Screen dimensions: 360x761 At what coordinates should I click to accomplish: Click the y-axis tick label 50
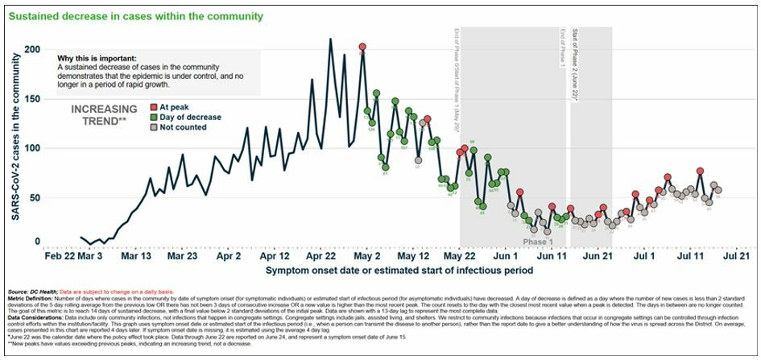pos(33,197)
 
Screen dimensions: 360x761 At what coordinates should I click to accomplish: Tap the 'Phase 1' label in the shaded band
pos(538,242)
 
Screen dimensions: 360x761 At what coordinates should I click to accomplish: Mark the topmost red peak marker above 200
pos(362,48)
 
